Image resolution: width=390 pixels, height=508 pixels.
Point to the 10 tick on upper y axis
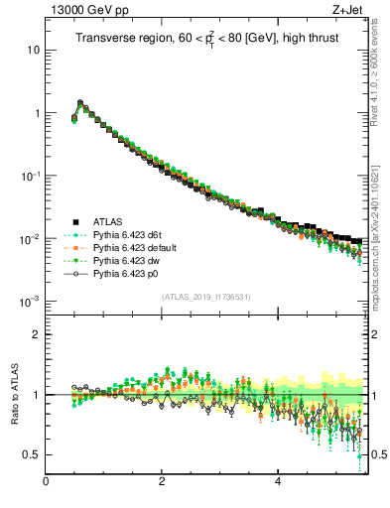click(33, 50)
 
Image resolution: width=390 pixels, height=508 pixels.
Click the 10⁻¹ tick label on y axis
click(30, 176)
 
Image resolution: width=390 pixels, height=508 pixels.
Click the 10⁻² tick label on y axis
click(30, 239)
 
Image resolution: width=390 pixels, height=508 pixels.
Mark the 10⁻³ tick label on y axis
click(30, 302)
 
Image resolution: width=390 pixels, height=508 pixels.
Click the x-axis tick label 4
click(278, 482)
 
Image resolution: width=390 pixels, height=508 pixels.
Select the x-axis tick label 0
click(46, 482)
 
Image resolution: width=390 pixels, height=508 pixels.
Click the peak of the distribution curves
click(80, 101)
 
